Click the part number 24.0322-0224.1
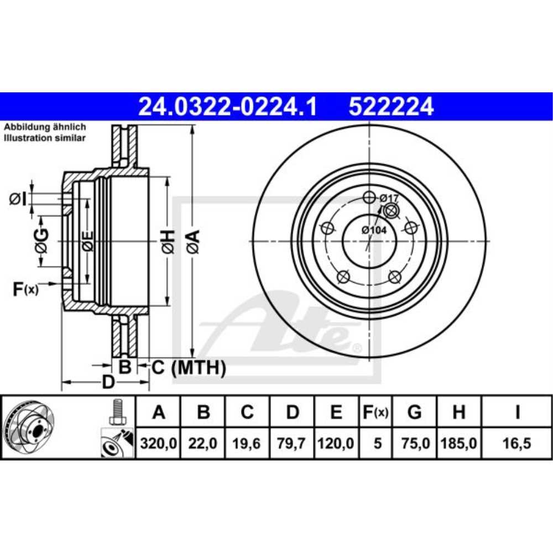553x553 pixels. [x=227, y=106]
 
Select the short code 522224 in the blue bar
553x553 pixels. [x=390, y=106]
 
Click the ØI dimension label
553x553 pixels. [x=18, y=198]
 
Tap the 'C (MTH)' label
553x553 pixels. [x=188, y=367]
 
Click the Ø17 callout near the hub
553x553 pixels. [x=389, y=197]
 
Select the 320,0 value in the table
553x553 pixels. [x=158, y=444]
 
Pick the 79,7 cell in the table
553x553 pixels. [x=293, y=444]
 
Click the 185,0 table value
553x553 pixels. [x=458, y=444]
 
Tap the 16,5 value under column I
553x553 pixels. [x=517, y=444]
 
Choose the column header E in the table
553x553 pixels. [x=337, y=412]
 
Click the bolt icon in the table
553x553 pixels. [x=117, y=412]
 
